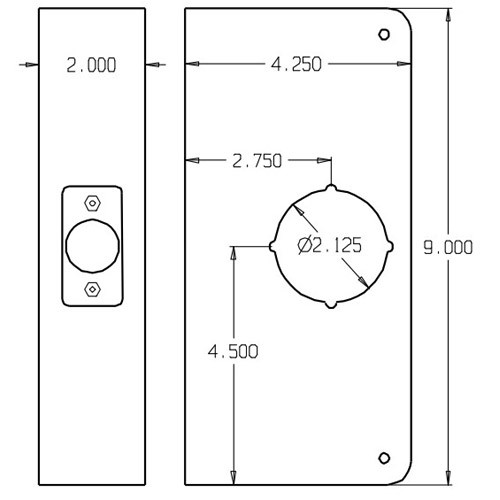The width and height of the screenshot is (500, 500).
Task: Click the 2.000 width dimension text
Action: coord(90,66)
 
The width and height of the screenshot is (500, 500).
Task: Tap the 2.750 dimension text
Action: coord(256,160)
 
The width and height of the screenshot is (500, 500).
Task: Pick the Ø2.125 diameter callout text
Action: coord(329,244)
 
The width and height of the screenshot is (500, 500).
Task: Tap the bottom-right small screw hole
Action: coord(383,458)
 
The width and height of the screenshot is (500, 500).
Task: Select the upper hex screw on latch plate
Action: coord(92,201)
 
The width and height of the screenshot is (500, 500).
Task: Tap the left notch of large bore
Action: coord(272,245)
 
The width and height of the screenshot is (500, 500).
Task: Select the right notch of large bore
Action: coord(388,245)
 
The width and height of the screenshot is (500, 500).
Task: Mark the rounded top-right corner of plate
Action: coord(405,22)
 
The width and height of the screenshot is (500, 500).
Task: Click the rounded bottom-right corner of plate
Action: coord(405,470)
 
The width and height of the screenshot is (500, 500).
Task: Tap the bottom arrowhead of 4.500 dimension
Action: coord(233,473)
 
